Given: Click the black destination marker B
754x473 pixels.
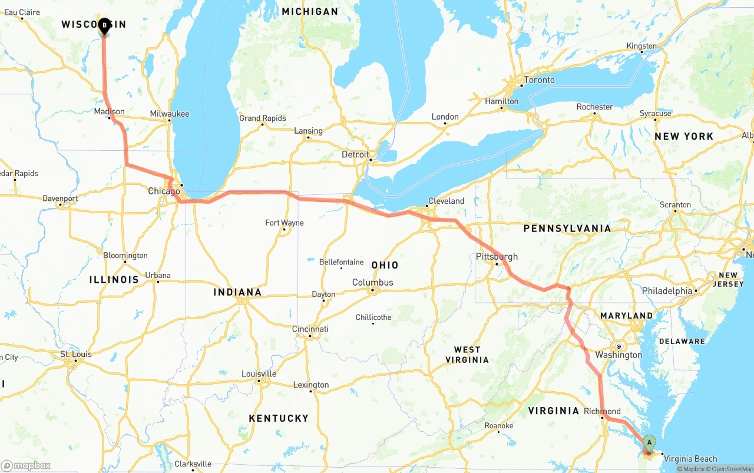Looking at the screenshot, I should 104,26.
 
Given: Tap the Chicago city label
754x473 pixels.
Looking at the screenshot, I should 164,191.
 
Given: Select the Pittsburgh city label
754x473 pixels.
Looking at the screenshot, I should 497,256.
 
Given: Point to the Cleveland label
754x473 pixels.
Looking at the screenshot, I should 446,201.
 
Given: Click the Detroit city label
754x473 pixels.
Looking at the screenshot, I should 355,154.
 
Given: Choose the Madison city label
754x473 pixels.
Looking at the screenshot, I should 109,111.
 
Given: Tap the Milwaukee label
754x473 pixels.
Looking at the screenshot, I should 170,114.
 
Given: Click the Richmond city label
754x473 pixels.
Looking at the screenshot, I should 602,411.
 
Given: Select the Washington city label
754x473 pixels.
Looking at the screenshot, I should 619,355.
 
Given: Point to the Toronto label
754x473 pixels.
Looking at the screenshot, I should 539,80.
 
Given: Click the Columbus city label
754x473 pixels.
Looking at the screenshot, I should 372,283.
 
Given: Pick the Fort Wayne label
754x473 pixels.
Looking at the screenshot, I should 285,223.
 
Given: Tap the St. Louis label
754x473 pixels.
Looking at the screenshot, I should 76,354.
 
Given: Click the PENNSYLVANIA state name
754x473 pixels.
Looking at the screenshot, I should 567,229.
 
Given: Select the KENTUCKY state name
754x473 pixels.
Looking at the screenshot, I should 279,418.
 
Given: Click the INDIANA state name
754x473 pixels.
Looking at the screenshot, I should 237,292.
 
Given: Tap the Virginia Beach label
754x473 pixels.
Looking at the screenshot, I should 690,459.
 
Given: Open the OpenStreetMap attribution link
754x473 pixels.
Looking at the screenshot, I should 730,469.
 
